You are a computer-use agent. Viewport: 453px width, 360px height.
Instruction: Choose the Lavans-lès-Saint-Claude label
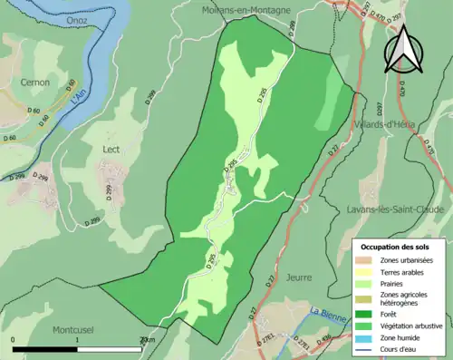tap(396, 209)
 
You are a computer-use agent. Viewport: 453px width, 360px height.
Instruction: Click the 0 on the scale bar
tap(14, 340)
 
